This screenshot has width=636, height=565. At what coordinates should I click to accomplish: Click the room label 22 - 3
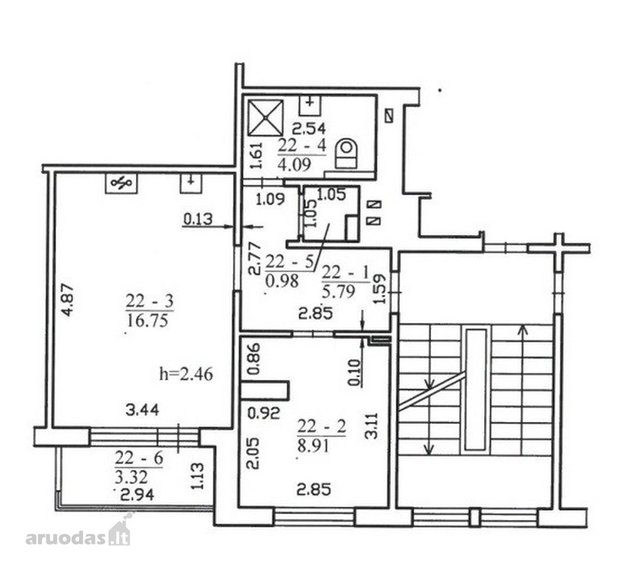[x=150, y=301]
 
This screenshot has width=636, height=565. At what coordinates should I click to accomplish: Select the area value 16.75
[x=148, y=321]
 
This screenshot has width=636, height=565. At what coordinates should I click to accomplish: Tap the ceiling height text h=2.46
[x=186, y=374]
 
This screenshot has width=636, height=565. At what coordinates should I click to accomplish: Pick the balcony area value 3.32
[x=131, y=477]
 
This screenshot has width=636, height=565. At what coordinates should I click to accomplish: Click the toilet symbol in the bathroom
[x=346, y=154]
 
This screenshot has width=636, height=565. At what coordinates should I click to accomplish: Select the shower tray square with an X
[x=266, y=118]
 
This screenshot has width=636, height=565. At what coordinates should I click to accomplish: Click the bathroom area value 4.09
[x=295, y=164]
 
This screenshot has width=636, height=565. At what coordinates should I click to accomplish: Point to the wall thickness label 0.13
[x=198, y=219]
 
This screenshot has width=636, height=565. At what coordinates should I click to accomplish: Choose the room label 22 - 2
[x=322, y=427]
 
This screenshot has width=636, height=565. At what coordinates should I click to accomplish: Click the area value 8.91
[x=313, y=446]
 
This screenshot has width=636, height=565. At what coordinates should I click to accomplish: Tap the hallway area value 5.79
[x=339, y=291]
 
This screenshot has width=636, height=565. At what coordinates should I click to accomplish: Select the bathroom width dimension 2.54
[x=309, y=129]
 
